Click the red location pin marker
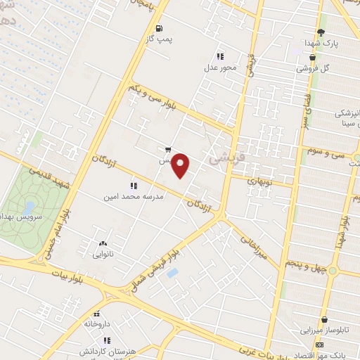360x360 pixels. coord(181,165)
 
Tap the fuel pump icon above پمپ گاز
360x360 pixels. coord(160,29)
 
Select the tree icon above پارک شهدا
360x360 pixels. coord(321,32)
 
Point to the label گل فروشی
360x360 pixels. coord(313,68)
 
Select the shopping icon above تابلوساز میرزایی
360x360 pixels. coord(324,319)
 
